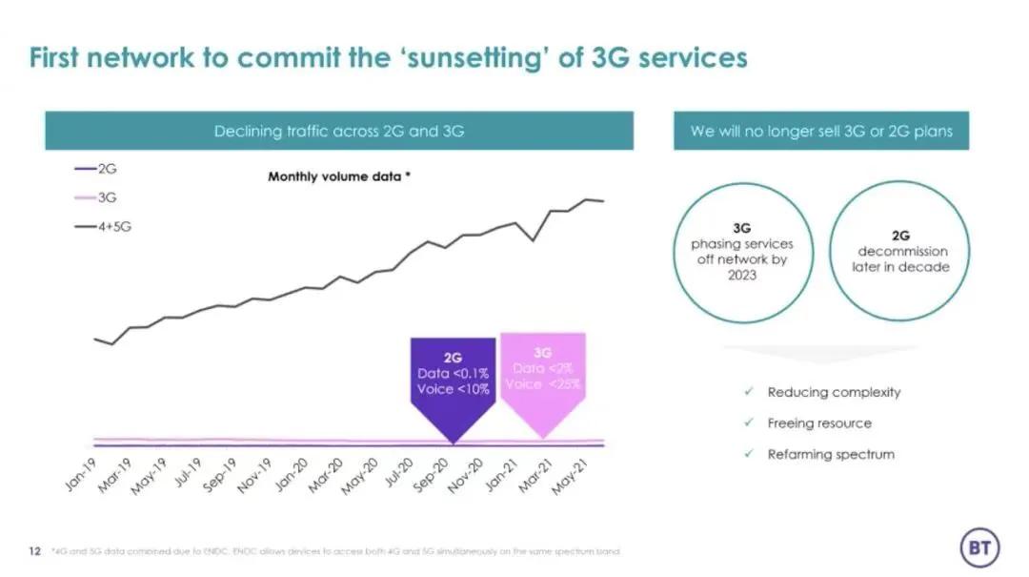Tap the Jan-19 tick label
tap(82, 475)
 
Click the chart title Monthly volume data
tap(339, 176)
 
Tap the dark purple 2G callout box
tap(453, 376)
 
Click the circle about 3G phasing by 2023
tap(742, 253)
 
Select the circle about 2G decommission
tap(900, 253)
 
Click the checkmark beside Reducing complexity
tap(750, 392)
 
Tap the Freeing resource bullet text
tap(819, 422)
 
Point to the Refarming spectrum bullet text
tap(831, 454)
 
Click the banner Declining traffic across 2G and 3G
tap(339, 132)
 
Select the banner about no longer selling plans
tap(821, 132)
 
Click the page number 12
tap(34, 551)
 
